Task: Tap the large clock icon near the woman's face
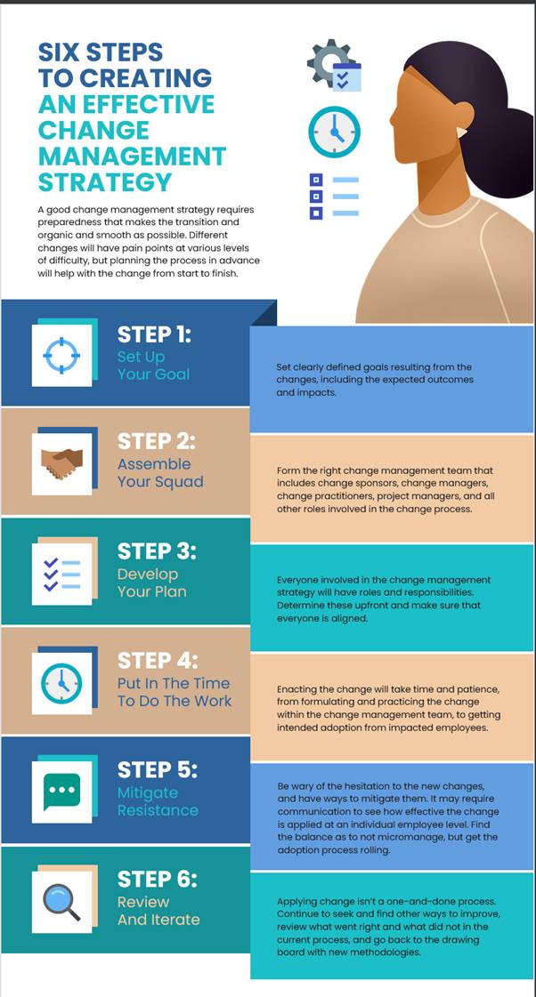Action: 334,132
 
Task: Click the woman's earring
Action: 461,132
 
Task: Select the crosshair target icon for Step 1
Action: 61,355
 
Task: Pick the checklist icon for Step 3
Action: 61,573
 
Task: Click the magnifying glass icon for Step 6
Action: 61,902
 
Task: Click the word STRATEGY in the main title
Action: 105,181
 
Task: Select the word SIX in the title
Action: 61,52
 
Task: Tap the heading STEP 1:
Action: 154,334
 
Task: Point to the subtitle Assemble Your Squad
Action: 160,472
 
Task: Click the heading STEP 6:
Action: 158,879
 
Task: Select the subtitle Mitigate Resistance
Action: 158,801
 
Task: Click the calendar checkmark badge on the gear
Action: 347,77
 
